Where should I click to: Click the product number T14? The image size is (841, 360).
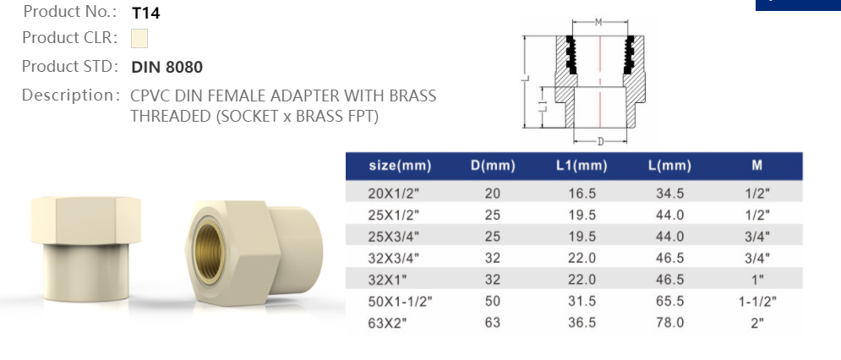tap(145, 14)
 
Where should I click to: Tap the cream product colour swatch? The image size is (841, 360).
tap(139, 39)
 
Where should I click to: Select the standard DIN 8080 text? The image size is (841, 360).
tap(167, 67)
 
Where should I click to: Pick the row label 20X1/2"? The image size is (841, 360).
tap(394, 194)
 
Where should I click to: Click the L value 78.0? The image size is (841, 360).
tap(670, 322)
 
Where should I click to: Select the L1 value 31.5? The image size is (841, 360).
tap(582, 301)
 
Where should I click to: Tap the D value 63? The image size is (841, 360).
tap(493, 322)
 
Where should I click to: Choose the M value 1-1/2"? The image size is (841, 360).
tap(757, 301)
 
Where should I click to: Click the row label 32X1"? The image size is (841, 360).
tap(389, 280)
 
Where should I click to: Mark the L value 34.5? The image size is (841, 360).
tap(670, 194)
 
